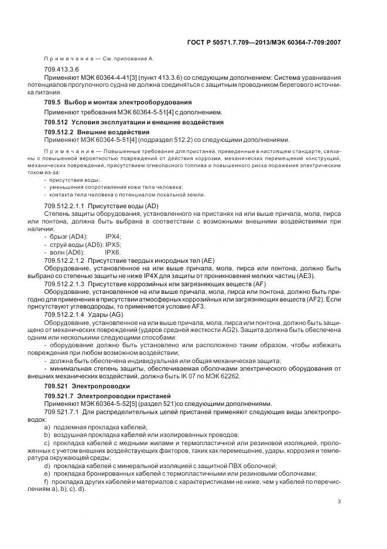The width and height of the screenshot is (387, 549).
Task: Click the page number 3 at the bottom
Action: (340, 501)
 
